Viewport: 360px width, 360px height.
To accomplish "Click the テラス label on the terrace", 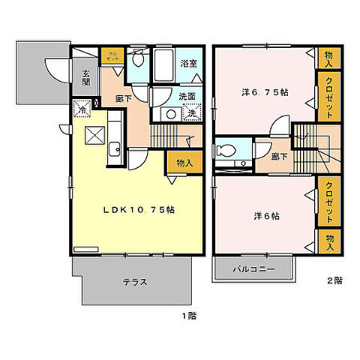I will pyautogui.click(x=133, y=282).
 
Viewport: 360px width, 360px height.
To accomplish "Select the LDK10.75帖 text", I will pyautogui.click(x=141, y=210).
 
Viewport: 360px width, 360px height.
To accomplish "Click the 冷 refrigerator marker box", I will pyautogui.click(x=80, y=109).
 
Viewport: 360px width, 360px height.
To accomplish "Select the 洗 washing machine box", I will pyautogui.click(x=190, y=113).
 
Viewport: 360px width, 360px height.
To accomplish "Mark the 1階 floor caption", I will pyautogui.click(x=187, y=316).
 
